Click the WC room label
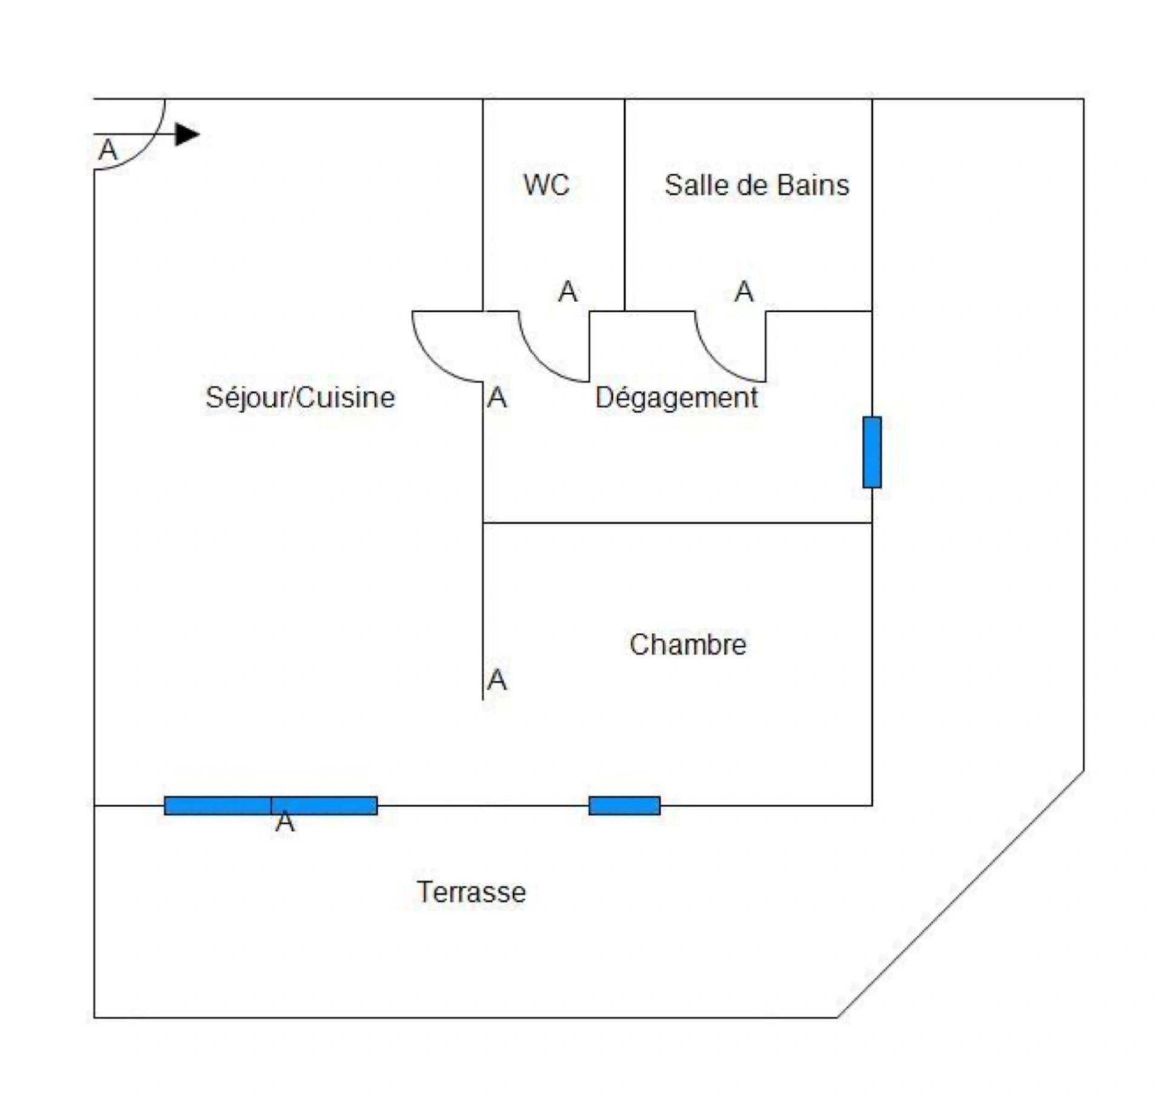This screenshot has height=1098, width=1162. coord(546,185)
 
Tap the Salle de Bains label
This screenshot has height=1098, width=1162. coord(757,185)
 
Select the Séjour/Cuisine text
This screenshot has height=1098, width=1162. coord(300,398)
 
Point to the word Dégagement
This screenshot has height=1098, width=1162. coord(676,398)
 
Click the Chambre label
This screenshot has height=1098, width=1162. coord(688,644)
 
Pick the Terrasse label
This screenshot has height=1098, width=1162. coord(471,892)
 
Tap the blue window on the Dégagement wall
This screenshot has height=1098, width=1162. coord(872,452)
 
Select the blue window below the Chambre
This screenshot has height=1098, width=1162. coord(625,805)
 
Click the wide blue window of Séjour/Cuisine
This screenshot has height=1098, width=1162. coord(271,805)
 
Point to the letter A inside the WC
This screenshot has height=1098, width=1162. coord(568,292)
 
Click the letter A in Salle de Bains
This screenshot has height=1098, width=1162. coord(744,292)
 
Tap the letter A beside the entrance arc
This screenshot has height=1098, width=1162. coord(108,150)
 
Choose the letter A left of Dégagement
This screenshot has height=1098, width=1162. coord(497,398)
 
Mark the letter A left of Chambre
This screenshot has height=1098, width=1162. coord(497,680)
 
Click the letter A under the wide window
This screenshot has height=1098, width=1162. coord(285,822)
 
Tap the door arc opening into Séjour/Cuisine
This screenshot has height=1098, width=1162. coord(433,362)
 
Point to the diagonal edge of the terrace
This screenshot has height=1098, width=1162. coord(960,894)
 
